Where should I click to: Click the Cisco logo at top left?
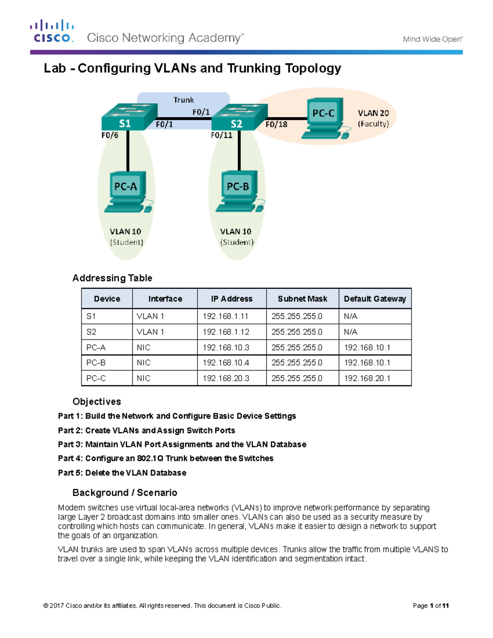coord(52,31)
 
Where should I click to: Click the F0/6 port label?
coord(110,135)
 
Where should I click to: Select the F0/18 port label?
coord(276,124)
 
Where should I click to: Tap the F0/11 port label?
coord(221,135)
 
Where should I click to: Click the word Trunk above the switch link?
coord(183,100)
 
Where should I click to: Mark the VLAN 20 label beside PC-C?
coord(373,113)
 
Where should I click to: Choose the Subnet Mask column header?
coord(302,299)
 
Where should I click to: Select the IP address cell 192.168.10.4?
coord(226,363)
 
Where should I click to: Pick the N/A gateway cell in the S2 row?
coord(350,332)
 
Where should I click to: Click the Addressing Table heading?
coord(112,278)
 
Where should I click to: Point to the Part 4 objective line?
coord(166,458)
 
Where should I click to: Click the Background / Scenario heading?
coord(124,493)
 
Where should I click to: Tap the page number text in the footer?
coord(431,606)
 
